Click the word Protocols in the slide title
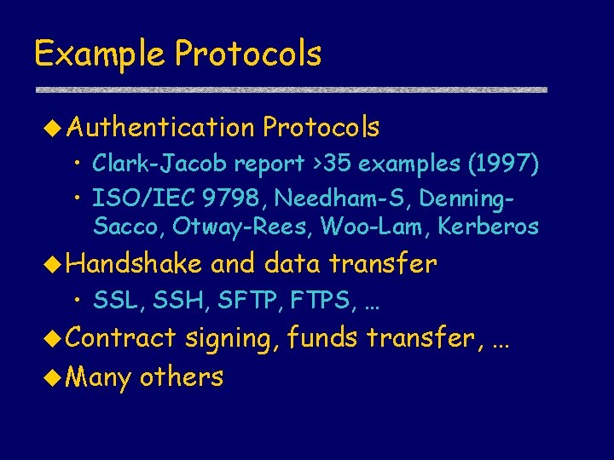(x=248, y=55)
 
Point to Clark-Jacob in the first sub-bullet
(x=160, y=162)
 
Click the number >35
(x=336, y=162)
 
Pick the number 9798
(x=232, y=199)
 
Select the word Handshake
(x=134, y=264)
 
